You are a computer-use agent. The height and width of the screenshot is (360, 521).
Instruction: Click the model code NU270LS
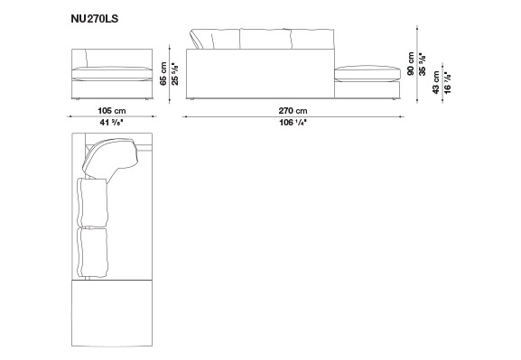point(95,19)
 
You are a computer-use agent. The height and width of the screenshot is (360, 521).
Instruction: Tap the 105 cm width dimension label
point(112,111)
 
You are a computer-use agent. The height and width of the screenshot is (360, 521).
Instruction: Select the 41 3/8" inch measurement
point(112,123)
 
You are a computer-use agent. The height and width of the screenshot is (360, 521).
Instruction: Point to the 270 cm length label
point(293,111)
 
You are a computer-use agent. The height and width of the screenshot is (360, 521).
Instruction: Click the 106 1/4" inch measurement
point(293,123)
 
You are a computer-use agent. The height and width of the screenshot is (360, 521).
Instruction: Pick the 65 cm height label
point(163,73)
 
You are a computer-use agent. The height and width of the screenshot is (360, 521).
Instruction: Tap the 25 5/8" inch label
point(175,74)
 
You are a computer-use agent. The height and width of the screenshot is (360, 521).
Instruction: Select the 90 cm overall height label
point(411,63)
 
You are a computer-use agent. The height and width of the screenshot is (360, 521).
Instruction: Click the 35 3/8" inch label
point(423,64)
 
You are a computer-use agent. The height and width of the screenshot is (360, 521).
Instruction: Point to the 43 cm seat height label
point(436,82)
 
